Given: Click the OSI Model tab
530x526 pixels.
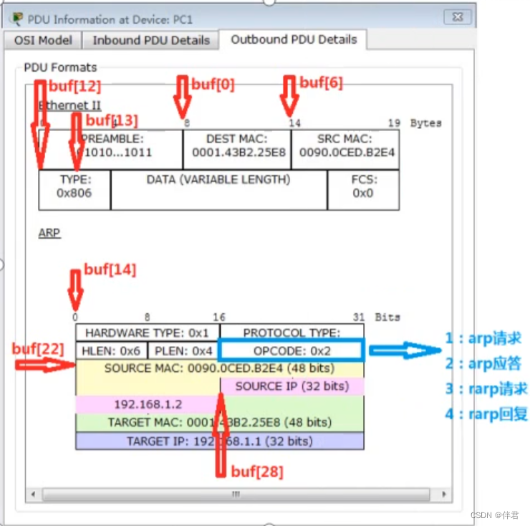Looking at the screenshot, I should click(x=43, y=41).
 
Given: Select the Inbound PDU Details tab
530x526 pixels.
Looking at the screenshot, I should click(x=151, y=41).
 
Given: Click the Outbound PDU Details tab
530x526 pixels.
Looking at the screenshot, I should click(x=293, y=39).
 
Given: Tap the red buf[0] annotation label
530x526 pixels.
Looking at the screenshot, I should click(x=213, y=85).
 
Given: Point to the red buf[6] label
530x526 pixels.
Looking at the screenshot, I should click(x=321, y=82).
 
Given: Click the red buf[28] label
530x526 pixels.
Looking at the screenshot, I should click(x=256, y=472).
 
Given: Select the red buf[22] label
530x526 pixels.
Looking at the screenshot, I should click(x=37, y=349).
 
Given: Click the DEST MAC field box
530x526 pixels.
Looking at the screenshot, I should click(x=238, y=145).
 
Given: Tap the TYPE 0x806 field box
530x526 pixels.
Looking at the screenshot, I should click(x=74, y=186).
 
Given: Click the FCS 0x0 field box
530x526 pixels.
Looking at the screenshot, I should click(x=363, y=186).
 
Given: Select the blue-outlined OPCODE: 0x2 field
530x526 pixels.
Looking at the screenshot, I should click(x=290, y=350).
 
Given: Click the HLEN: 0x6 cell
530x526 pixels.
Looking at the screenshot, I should click(x=111, y=351).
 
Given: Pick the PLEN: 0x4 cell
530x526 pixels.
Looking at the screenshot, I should click(x=183, y=351).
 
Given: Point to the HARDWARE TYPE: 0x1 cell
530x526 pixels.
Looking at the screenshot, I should click(x=147, y=333).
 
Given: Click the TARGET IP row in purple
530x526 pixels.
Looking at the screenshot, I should click(x=219, y=441).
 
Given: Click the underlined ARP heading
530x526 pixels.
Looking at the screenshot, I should click(x=49, y=233).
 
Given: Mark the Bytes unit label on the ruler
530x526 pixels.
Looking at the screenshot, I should click(x=425, y=123).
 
